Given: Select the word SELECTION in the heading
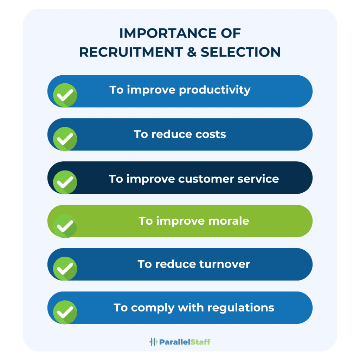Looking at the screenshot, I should (241, 52).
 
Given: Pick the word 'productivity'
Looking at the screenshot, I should (215, 90).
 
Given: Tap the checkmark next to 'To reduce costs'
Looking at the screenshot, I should (65, 139).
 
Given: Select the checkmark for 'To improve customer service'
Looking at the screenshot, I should (65, 182).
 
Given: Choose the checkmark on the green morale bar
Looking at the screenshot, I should (65, 226).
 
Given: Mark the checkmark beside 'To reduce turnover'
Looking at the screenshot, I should (65, 269).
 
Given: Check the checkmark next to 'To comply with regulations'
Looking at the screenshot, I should (65, 312).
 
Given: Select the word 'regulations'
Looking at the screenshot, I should (241, 308).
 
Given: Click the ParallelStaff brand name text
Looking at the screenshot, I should (185, 341).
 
